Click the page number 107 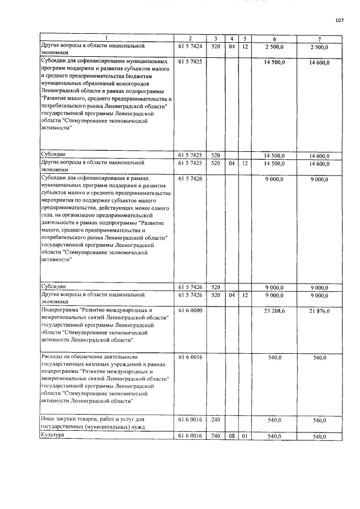(x=339, y=21)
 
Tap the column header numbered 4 (x=232, y=38)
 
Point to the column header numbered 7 (x=319, y=38)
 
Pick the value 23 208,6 (x=274, y=310)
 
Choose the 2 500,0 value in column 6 (x=274, y=45)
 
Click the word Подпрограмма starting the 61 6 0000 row (x=60, y=310)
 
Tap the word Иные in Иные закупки (x=49, y=420)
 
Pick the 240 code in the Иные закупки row (x=215, y=420)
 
